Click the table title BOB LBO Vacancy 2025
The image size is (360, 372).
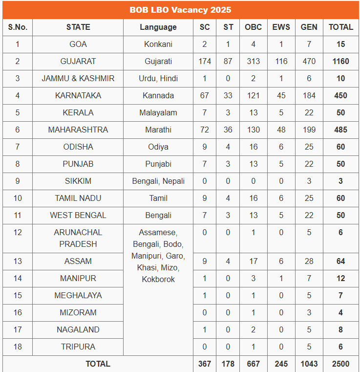tap(180, 10)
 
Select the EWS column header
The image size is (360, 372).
tap(281, 27)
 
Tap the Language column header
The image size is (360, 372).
tap(158, 27)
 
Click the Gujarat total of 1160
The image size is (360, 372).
tap(340, 62)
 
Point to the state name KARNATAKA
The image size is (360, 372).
tap(78, 96)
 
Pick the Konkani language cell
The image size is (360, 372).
tap(158, 44)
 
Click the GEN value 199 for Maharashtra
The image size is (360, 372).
tap(309, 130)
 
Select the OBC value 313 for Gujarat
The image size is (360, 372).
tap(253, 62)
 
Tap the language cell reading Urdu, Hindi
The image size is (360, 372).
tap(158, 79)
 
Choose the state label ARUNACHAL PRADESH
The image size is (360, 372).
tap(78, 238)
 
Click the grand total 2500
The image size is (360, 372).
tap(340, 364)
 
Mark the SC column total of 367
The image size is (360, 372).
tap(205, 364)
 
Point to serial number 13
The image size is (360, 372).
tap(18, 261)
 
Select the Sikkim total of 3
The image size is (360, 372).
tap(340, 181)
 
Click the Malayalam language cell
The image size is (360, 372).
tap(158, 113)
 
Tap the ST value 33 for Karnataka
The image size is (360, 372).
tap(228, 96)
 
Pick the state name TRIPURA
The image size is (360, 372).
tap(78, 347)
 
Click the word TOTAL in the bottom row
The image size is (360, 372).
tap(98, 364)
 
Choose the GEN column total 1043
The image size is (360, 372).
tap(309, 364)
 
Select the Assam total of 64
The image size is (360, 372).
tap(340, 261)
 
